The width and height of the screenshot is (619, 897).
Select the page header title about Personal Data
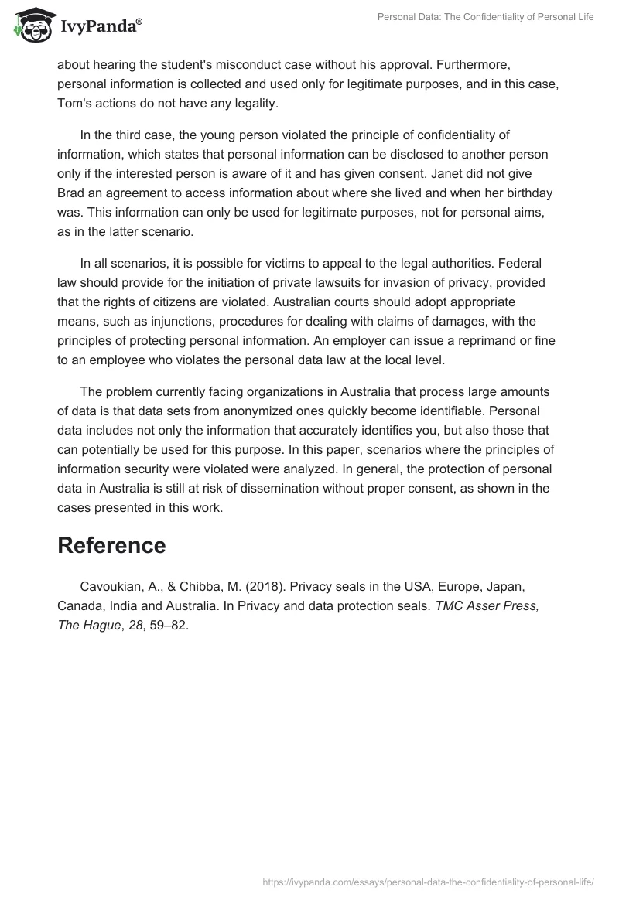point(485,17)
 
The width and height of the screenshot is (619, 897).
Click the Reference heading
point(111,545)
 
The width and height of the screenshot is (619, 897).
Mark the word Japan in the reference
point(504,587)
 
